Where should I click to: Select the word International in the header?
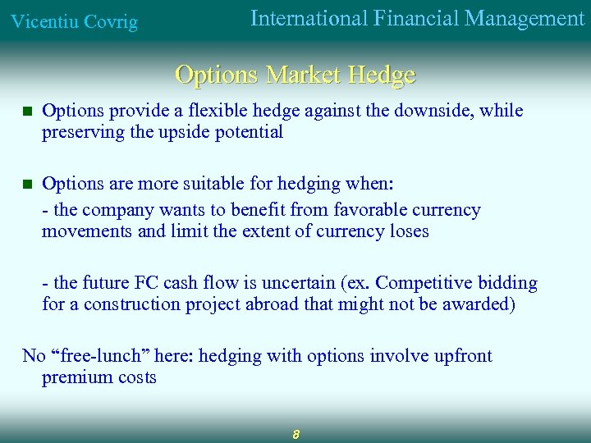pyautogui.click(x=308, y=18)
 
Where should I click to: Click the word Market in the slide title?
pyautogui.click(x=305, y=75)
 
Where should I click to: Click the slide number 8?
pyautogui.click(x=295, y=434)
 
